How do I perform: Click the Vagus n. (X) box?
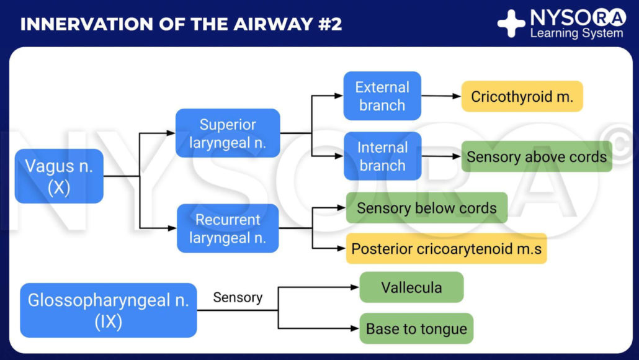click(59, 176)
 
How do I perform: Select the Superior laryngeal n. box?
click(228, 133)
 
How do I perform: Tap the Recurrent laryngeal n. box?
click(228, 228)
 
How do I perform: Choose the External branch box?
click(382, 96)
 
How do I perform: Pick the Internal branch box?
click(382, 156)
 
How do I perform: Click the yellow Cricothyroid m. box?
click(522, 96)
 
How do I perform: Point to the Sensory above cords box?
click(537, 156)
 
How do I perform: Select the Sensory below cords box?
click(426, 208)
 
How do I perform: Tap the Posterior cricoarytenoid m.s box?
click(446, 249)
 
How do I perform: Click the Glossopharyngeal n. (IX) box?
click(109, 310)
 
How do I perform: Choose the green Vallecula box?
click(411, 287)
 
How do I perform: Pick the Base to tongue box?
click(416, 328)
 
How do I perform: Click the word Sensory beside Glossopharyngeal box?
click(238, 297)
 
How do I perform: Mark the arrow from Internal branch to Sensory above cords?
click(441, 156)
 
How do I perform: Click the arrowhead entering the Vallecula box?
click(355, 287)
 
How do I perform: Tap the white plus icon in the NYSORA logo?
click(511, 24)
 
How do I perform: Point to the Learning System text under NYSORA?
click(576, 34)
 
